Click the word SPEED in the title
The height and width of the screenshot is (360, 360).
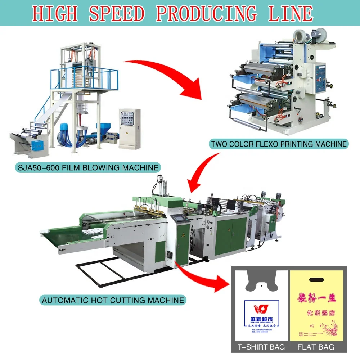point(117,13)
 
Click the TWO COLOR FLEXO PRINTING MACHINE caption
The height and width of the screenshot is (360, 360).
point(279,144)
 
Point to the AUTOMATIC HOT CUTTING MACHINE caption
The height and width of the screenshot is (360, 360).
point(113,300)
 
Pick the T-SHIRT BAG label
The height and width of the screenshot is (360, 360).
point(261,347)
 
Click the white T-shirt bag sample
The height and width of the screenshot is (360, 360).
point(261,310)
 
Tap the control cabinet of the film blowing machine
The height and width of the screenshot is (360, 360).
point(130,128)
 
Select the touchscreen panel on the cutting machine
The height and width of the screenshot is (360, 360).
point(179,219)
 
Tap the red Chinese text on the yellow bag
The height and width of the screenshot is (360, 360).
point(316,298)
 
